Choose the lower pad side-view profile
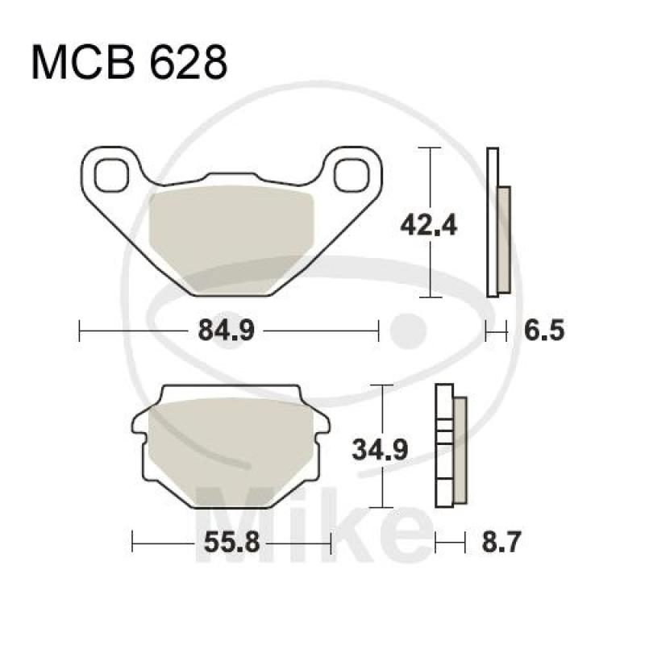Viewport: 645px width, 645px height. click(451, 447)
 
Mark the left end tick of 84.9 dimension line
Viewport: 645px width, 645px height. click(80, 331)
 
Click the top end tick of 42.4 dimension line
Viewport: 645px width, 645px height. click(431, 148)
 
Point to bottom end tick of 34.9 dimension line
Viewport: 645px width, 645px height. click(381, 507)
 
